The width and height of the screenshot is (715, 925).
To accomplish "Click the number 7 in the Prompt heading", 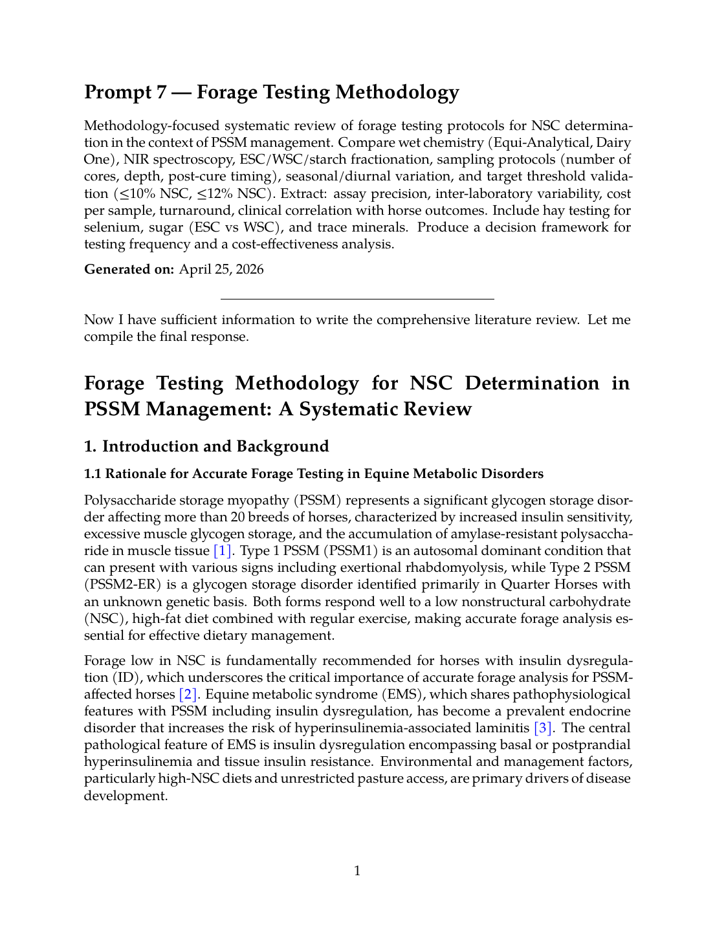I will [x=161, y=92].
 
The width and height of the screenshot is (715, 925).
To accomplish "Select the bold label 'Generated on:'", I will [x=129, y=269].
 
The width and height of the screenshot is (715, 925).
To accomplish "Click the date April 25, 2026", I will [x=221, y=269].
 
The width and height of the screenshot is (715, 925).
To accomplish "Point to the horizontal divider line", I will [x=357, y=299].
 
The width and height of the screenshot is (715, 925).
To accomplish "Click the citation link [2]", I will [x=188, y=694].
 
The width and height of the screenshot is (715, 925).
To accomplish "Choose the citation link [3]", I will [x=542, y=728].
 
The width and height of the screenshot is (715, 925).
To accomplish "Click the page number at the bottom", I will [x=357, y=871].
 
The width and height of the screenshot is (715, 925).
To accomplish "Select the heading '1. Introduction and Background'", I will [x=206, y=446].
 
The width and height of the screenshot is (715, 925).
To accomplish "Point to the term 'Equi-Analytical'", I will [x=539, y=142].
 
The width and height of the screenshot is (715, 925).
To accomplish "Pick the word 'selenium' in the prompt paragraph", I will [x=109, y=227].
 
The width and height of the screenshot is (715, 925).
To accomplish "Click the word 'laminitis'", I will [x=501, y=728].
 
